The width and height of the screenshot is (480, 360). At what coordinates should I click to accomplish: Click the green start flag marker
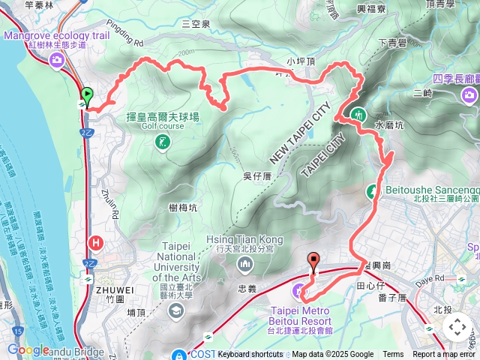(x=87, y=96)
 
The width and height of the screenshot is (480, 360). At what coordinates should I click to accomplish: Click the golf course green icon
(x=162, y=142)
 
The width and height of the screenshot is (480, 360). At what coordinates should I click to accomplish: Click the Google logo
(x=28, y=349)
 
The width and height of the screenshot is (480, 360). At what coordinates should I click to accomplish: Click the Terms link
(x=393, y=355)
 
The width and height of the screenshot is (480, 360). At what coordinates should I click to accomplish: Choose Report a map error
(x=444, y=355)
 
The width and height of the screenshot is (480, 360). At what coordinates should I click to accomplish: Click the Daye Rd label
(x=424, y=278)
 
